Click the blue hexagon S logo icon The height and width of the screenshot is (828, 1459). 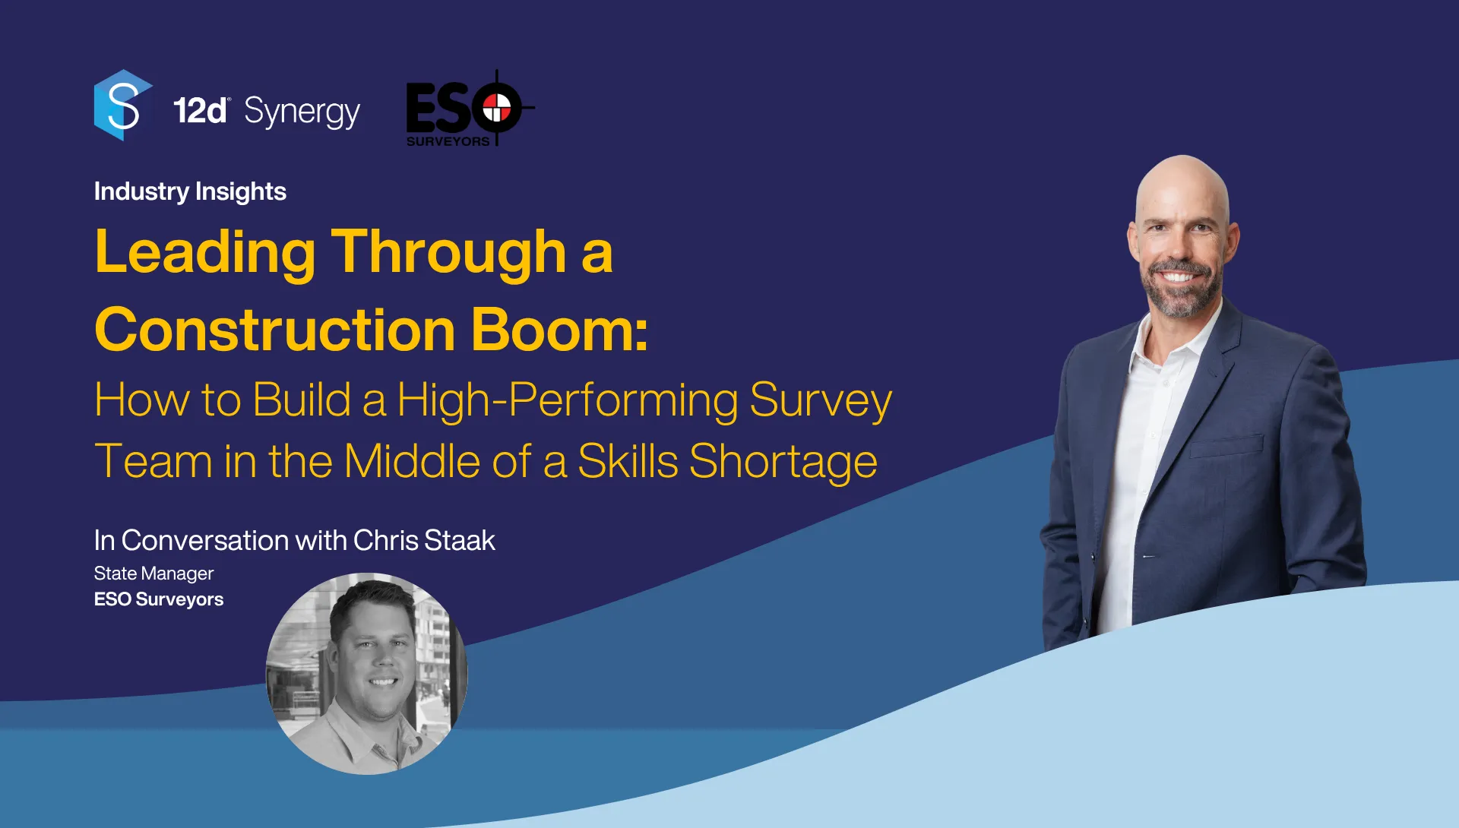coord(123,106)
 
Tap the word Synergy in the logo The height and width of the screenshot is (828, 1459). coord(302,112)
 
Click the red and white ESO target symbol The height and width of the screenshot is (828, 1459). coord(497,108)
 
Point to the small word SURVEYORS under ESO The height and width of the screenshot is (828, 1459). coord(448,141)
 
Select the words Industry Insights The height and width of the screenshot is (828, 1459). coord(190,191)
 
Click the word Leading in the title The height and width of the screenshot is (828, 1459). coord(205,253)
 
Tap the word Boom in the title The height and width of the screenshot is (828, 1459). coord(559,330)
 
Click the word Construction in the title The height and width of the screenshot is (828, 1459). coord(275,330)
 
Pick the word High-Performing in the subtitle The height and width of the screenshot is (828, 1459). coord(568,400)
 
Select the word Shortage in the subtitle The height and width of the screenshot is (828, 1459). coord(783,462)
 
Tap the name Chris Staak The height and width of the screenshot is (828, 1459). coord(424,540)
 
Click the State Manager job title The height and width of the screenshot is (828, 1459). coord(153,574)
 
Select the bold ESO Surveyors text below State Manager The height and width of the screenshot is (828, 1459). coord(159,599)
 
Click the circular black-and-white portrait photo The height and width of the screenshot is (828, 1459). coord(366,674)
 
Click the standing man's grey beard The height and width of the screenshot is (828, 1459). coord(1182,292)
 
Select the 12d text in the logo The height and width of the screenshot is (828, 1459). coord(200,111)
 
